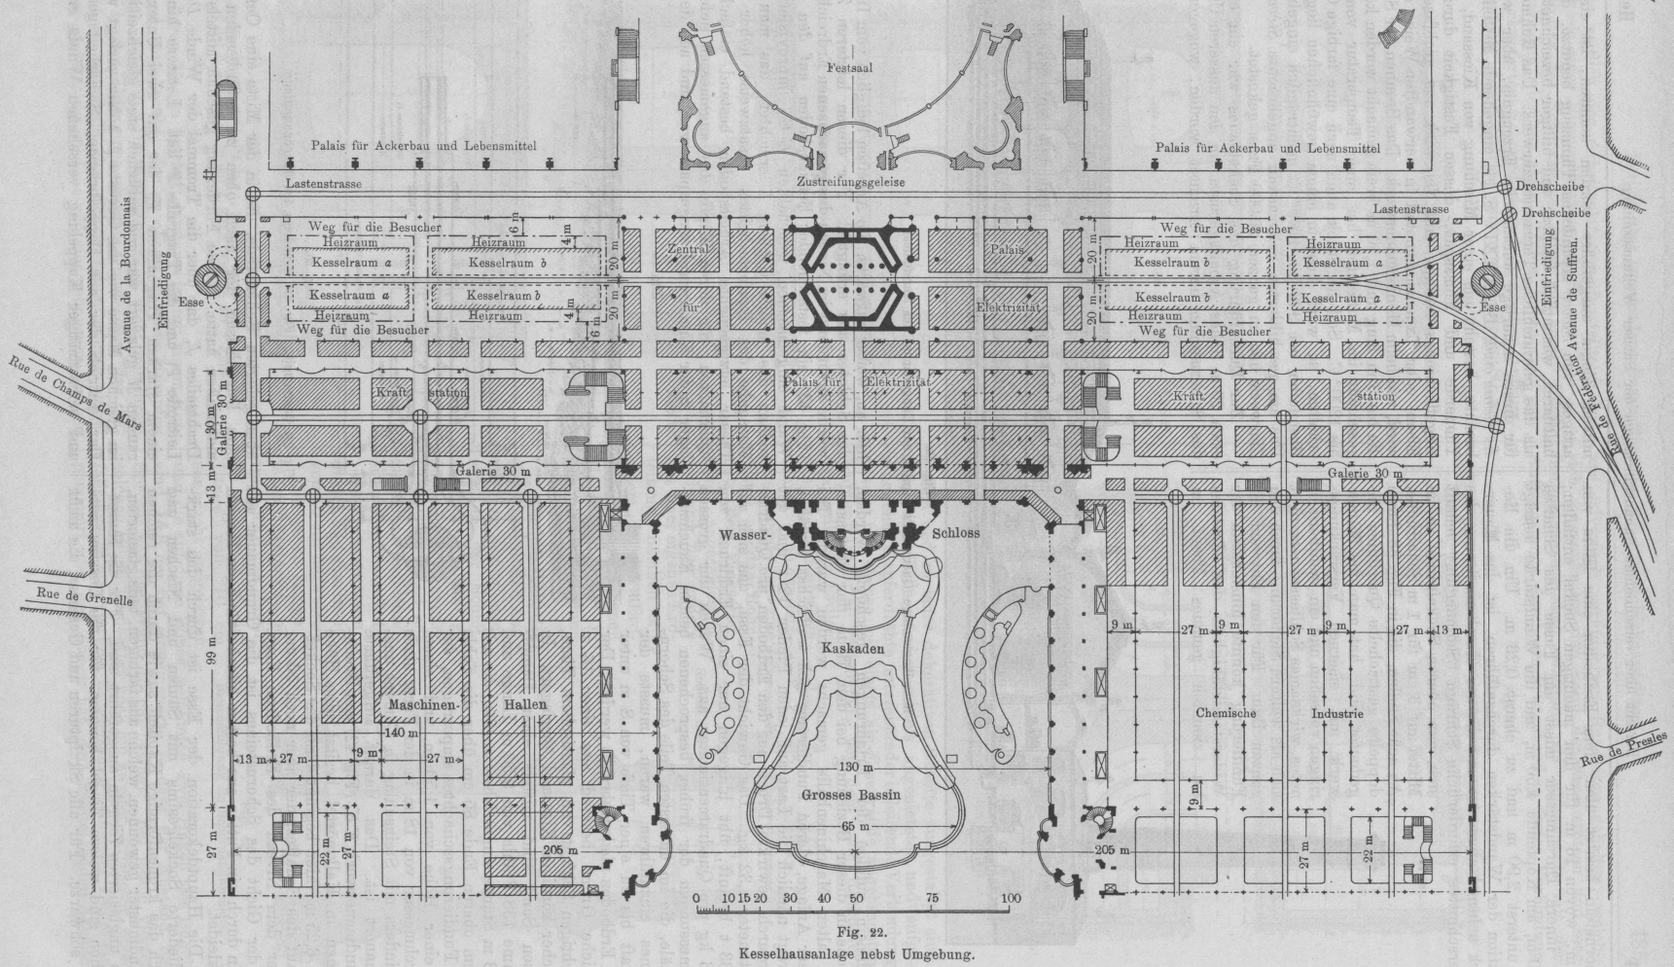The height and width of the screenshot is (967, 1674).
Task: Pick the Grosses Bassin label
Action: pyautogui.click(x=851, y=795)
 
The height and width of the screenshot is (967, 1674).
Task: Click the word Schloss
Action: pyautogui.click(x=955, y=534)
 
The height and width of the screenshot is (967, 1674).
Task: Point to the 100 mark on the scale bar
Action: pyautogui.click(x=1011, y=898)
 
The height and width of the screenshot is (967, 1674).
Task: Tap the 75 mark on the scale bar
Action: pyautogui.click(x=932, y=898)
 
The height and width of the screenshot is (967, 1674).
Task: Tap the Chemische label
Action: pyautogui.click(x=1226, y=713)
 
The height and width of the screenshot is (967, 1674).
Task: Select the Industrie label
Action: pyautogui.click(x=1336, y=713)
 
